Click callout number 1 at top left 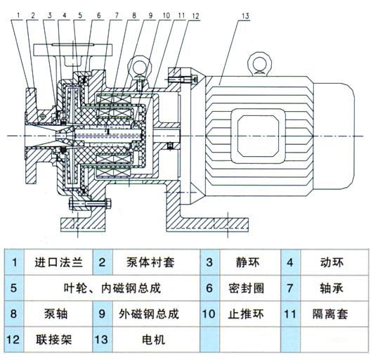coord(18,14)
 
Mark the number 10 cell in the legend coord(209,314)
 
